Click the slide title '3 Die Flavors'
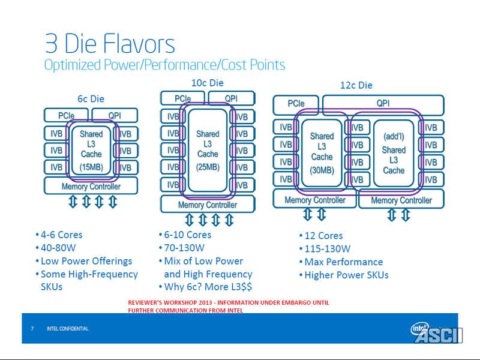[x=109, y=44]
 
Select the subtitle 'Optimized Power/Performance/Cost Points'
[x=164, y=65]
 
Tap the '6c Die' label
[x=91, y=98]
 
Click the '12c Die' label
[x=356, y=85]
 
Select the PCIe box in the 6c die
[x=67, y=115]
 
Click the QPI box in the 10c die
[x=231, y=98]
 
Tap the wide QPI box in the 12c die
[x=383, y=103]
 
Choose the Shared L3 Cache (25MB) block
[x=208, y=149]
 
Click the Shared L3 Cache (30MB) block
[x=322, y=152]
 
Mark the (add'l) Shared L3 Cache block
[x=394, y=154]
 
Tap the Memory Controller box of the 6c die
[x=91, y=186]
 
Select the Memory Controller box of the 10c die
[x=208, y=205]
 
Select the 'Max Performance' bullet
[x=343, y=262]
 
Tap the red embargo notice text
[x=229, y=306]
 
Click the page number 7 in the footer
[x=32, y=329]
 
